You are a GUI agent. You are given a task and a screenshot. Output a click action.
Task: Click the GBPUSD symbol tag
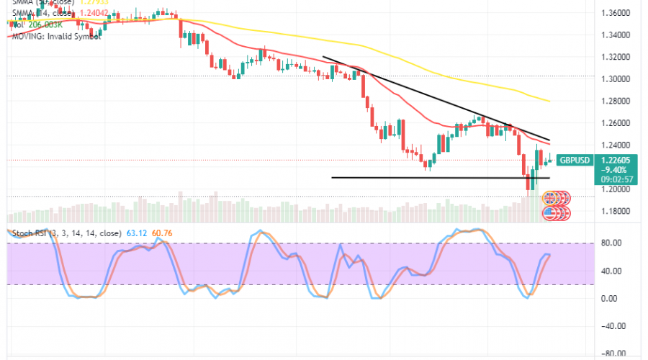coord(575,160)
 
